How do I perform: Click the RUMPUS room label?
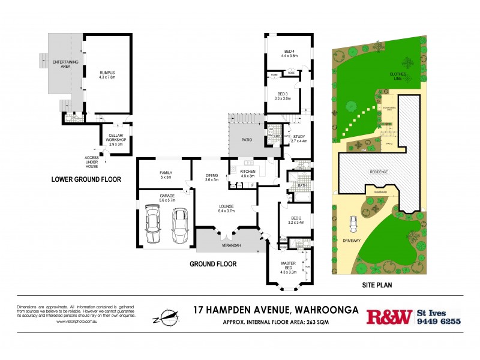(107, 73)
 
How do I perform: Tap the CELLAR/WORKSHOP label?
(115, 136)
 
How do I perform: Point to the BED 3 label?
(282, 94)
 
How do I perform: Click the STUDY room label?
(299, 136)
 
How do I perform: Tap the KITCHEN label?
(248, 172)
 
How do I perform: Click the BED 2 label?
(296, 218)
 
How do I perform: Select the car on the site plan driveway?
(354, 224)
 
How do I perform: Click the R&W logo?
(389, 316)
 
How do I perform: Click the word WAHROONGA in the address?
(325, 310)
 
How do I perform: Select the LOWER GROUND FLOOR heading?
(86, 179)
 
